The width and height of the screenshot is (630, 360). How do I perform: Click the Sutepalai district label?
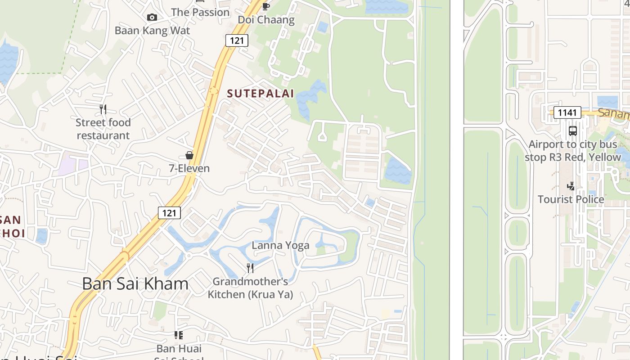tap(260, 94)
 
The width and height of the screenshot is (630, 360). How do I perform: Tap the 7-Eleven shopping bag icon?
tap(189, 155)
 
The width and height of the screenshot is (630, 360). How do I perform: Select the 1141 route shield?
tap(567, 112)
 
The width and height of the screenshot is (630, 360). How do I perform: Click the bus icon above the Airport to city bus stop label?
tap(572, 131)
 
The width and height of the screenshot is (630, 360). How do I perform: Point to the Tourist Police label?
tap(571, 199)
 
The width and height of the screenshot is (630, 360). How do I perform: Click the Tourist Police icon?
tap(571, 186)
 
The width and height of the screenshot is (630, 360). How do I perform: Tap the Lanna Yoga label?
tap(280, 245)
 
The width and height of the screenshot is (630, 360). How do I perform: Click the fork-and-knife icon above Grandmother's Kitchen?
tap(250, 268)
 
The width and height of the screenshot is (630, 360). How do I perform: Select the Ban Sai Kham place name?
tap(135, 283)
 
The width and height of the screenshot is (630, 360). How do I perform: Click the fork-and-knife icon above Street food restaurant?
tap(103, 109)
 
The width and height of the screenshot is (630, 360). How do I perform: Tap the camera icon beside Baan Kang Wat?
tap(152, 17)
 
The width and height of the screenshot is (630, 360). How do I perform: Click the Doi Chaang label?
tap(266, 20)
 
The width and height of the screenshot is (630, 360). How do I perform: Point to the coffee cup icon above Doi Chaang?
tap(266, 6)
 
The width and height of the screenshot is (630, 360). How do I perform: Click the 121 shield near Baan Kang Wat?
tap(237, 40)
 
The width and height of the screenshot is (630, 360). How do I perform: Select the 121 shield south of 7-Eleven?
tap(169, 213)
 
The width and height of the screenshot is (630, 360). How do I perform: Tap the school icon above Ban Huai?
tap(179, 335)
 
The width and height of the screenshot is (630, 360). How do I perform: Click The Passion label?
tap(200, 12)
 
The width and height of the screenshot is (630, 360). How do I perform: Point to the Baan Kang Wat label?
tap(152, 31)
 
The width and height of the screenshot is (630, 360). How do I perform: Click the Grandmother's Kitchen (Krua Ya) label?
tap(250, 288)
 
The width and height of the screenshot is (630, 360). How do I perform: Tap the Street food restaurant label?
tap(103, 129)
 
